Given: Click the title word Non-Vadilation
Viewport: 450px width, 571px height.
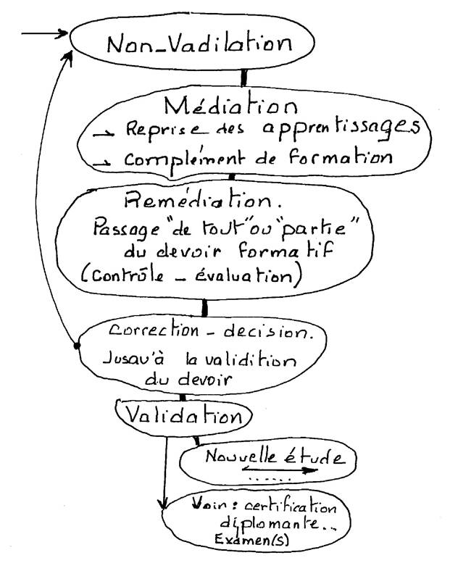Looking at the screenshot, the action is click(199, 43).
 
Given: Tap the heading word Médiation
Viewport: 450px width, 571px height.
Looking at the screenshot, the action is click(231, 106).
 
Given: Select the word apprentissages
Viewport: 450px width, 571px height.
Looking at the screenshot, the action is click(341, 128).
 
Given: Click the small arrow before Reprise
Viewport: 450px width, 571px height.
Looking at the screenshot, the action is click(104, 134).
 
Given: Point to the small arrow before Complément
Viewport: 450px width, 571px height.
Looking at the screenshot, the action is click(101, 164).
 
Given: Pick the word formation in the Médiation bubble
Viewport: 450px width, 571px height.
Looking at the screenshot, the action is click(341, 157).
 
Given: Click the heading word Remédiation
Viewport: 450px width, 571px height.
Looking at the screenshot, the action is click(198, 199).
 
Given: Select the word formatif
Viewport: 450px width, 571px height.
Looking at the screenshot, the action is click(286, 250).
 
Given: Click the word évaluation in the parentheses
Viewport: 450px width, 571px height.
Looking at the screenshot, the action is click(243, 275).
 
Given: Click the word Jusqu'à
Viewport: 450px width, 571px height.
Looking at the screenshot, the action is click(133, 359).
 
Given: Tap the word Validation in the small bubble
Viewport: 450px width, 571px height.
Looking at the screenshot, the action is click(183, 414).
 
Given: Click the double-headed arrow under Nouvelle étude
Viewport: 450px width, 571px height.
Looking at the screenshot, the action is click(280, 470).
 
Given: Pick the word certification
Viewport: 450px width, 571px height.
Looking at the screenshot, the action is click(291, 507).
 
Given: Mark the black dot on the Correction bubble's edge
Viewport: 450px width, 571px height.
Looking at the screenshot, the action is click(77, 345).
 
